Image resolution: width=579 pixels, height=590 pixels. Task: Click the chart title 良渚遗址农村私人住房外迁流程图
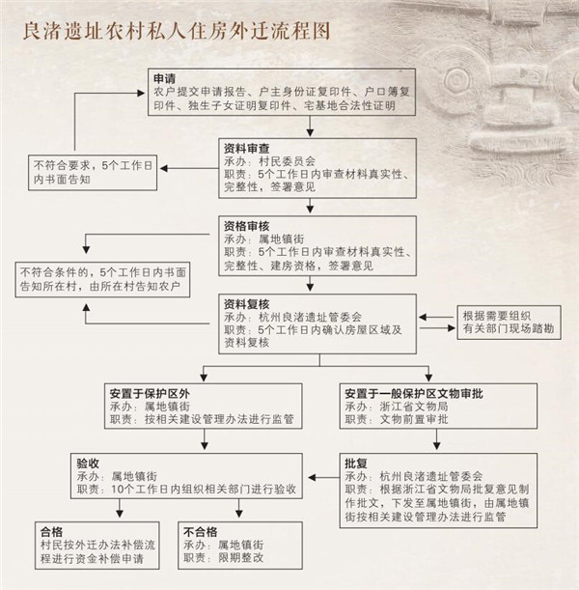point(177,31)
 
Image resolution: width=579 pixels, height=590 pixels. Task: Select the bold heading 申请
point(165,79)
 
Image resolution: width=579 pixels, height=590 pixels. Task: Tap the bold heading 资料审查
point(247,149)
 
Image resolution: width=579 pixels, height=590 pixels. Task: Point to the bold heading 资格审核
point(247,226)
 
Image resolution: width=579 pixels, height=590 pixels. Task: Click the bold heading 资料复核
point(247,304)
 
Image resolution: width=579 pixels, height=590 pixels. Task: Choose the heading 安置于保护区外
point(150,394)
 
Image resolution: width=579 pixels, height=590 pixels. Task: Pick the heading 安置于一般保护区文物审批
point(414,394)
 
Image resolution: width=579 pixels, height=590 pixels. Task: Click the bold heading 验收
point(88,464)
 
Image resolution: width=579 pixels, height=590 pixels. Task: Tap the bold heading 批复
point(356,464)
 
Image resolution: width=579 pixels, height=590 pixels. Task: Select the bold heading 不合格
point(201,532)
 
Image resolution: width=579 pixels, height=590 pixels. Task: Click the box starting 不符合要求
point(93,173)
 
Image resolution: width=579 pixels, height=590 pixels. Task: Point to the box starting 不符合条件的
point(102,280)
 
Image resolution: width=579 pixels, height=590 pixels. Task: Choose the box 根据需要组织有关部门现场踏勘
point(510,323)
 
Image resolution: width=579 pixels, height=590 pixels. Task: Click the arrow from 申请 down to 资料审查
point(310,126)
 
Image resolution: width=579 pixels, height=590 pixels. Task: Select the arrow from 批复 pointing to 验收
point(324,477)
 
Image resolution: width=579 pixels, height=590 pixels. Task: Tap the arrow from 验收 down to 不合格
point(238,508)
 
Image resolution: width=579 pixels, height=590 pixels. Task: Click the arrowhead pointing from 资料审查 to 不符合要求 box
point(164,168)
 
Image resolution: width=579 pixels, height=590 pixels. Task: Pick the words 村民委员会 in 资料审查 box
point(287,161)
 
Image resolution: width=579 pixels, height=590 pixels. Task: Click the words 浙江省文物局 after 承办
point(414,407)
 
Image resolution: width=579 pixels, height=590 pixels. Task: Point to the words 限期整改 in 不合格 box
point(240,557)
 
